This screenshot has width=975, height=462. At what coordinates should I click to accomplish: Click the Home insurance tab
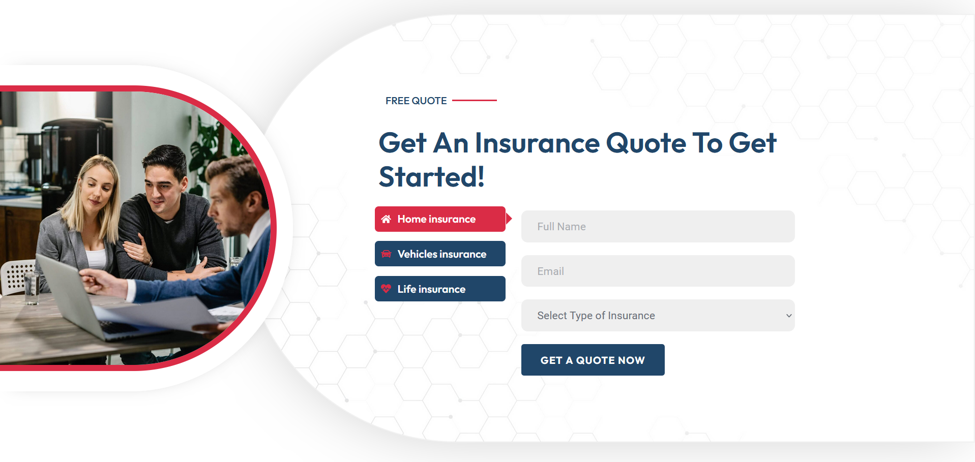click(x=440, y=219)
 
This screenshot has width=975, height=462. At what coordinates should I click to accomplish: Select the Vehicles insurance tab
click(x=440, y=254)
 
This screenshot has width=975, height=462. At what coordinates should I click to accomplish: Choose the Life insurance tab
click(x=440, y=289)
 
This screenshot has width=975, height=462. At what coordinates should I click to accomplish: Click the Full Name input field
click(x=658, y=226)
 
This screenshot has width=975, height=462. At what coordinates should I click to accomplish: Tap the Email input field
click(x=658, y=271)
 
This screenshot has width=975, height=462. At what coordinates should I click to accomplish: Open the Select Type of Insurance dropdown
click(x=658, y=315)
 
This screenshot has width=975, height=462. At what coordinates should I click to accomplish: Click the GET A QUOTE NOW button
click(x=593, y=360)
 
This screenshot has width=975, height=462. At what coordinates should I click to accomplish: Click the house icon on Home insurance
click(x=386, y=219)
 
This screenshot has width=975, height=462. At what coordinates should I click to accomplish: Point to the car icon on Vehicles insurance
click(x=386, y=254)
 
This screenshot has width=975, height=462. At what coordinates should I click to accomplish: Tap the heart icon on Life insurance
click(x=386, y=289)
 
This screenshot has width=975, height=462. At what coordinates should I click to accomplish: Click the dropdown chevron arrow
click(x=789, y=316)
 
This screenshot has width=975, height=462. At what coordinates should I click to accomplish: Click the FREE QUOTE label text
click(x=416, y=101)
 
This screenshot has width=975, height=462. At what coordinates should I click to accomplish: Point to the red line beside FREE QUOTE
click(x=475, y=101)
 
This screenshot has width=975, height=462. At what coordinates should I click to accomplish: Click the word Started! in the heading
click(x=432, y=177)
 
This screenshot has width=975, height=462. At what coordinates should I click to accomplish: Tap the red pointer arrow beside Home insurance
click(x=509, y=219)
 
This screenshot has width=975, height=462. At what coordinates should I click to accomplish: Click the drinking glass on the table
click(x=32, y=288)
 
